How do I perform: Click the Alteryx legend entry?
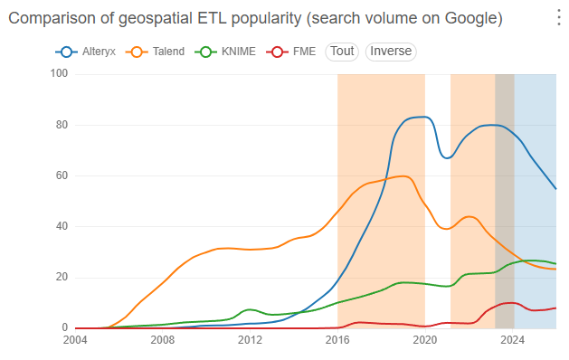86,52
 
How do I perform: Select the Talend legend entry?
156,52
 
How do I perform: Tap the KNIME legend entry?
225,52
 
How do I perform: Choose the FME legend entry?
291,52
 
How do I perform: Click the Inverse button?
391,52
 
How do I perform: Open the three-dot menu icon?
559,18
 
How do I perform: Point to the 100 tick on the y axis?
59,73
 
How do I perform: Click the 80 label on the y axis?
62,125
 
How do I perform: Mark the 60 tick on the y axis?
62,175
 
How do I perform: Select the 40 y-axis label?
62,226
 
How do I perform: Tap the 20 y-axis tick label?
62,278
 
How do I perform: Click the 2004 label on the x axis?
75,340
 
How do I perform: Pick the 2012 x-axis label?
250,340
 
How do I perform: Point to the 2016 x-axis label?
337,340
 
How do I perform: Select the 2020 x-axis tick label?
425,340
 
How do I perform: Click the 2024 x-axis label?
512,340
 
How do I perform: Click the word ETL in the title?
212,18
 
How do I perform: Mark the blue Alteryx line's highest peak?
422,117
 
